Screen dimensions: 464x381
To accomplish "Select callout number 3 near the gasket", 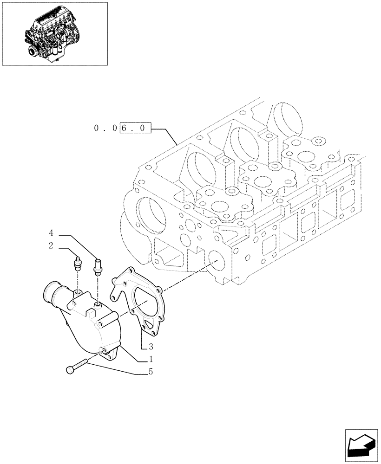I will click(151, 346).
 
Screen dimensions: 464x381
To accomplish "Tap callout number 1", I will click(151, 359).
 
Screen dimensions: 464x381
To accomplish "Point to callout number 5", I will click(151, 372).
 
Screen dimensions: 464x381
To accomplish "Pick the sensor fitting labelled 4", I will click(98, 266).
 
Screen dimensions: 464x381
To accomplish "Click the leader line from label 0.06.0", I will click(165, 135).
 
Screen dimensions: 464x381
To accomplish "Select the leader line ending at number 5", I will click(116, 369).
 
